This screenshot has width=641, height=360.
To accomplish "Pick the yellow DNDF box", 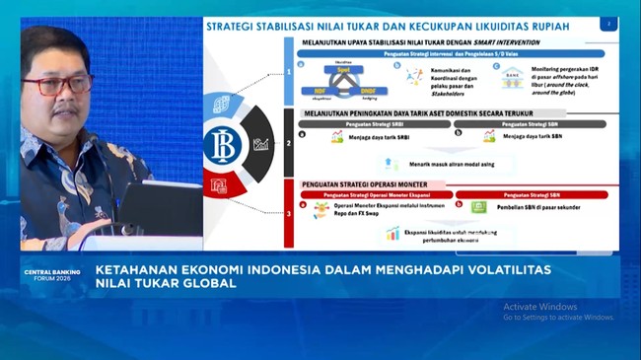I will [362, 91].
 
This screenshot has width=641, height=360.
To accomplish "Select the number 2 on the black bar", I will [289, 143].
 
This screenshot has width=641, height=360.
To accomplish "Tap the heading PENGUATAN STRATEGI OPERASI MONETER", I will [376, 183].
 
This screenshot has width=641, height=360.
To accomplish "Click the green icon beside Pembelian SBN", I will [479, 207].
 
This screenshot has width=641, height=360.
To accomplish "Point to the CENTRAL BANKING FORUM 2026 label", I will [48, 274].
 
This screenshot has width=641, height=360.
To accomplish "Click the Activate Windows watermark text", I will [539, 307].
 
